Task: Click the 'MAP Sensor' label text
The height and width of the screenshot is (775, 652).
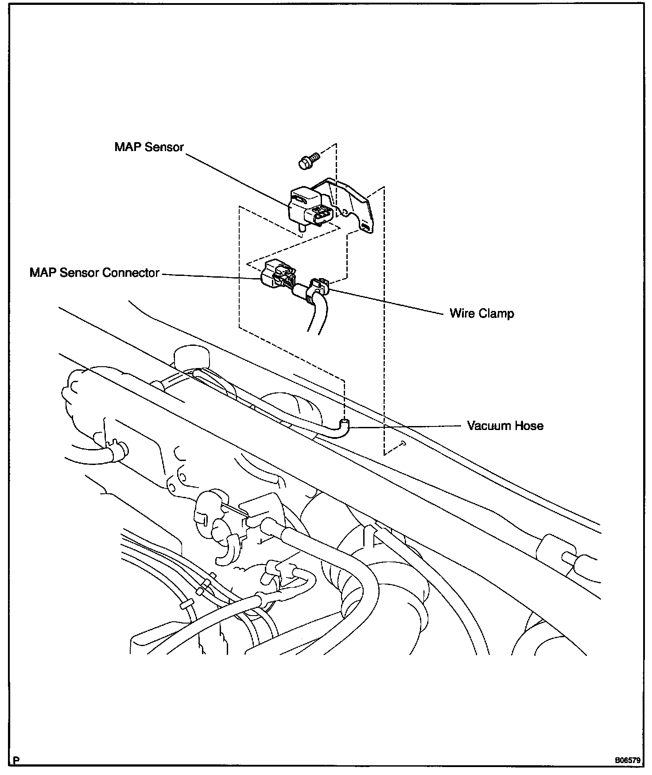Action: pyautogui.click(x=149, y=147)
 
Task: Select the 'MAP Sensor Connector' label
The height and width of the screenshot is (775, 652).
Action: pyautogui.click(x=94, y=272)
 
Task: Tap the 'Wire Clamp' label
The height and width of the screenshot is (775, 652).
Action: pyautogui.click(x=481, y=314)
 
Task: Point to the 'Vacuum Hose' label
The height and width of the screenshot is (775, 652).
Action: pyautogui.click(x=505, y=426)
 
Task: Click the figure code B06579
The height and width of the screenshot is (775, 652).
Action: pyautogui.click(x=627, y=761)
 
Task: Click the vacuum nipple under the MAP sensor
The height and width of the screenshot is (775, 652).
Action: pyautogui.click(x=302, y=228)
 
